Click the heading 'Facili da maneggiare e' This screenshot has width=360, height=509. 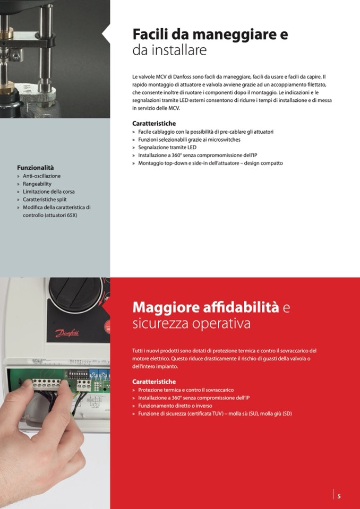coord(210,34)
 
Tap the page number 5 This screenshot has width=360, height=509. coord(339,496)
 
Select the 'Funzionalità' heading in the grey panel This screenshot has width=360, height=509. coord(36,167)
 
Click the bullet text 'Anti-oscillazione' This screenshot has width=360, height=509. coord(41,176)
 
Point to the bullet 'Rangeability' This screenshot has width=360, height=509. coord(37,184)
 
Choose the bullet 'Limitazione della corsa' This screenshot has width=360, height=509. coord(48,192)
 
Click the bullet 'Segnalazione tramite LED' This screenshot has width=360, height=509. coord(167,148)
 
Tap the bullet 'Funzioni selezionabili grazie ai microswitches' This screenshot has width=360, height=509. coord(189,140)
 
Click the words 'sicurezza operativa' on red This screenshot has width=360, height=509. coord(191,324)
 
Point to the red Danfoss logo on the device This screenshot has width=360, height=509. coord(67,334)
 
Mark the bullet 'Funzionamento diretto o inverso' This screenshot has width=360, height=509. coord(175,406)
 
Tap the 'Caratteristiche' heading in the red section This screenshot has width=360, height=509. coord(154,382)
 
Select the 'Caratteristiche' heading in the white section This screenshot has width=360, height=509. coord(154,123)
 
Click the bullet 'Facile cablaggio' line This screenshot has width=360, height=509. coord(205,132)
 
